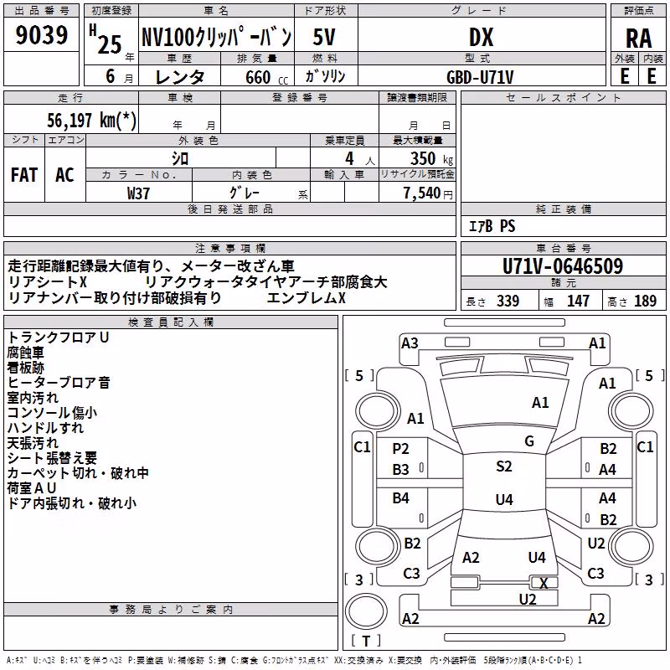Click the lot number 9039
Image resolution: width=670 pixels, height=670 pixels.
(x=41, y=35)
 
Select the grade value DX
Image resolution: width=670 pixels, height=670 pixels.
(x=481, y=37)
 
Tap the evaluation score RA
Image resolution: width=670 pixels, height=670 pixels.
(x=638, y=39)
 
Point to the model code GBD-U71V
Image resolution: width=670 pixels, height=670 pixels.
(x=480, y=77)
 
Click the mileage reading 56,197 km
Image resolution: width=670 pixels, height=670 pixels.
(x=91, y=120)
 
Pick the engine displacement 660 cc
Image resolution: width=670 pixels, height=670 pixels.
(x=266, y=77)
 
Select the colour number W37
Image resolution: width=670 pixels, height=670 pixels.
(x=138, y=193)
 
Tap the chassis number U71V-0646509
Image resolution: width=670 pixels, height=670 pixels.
(x=563, y=266)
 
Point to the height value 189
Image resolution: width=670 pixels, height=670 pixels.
(x=645, y=301)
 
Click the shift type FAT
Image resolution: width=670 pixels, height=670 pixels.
(x=24, y=175)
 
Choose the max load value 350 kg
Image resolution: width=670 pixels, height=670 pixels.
(x=431, y=158)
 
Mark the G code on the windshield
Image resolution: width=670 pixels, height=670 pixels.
(x=529, y=441)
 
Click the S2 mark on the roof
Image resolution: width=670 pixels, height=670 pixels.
(x=504, y=466)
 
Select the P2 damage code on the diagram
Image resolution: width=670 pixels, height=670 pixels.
(x=400, y=449)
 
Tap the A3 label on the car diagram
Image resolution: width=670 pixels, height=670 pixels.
(x=410, y=343)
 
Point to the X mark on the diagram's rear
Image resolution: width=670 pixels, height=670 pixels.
(x=544, y=583)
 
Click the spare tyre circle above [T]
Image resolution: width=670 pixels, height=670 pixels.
(x=366, y=611)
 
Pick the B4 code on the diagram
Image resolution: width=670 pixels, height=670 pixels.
(x=400, y=497)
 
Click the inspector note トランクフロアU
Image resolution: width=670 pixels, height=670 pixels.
(x=58, y=338)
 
